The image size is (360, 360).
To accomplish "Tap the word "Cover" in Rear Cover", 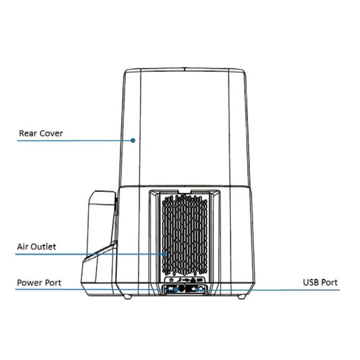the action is tap(51, 133).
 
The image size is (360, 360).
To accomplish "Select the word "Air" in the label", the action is tap(22, 246).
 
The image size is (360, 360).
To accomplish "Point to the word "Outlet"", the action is tap(43, 246).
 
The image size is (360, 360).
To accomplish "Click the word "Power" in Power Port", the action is tap(29, 283).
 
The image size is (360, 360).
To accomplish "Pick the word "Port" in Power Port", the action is tap(53, 283).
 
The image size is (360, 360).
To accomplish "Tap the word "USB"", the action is tap(310, 282).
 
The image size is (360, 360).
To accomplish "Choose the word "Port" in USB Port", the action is tap(329, 282).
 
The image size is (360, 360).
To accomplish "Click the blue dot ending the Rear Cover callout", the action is tap(133, 140).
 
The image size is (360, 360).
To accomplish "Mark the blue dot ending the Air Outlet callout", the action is tap(164, 254).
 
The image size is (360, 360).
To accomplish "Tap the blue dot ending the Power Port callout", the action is tap(176, 290).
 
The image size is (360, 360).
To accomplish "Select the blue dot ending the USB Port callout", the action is tap(197, 290).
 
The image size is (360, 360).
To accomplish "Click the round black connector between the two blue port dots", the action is tap(182, 289).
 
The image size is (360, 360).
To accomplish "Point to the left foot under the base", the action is tap(127, 296).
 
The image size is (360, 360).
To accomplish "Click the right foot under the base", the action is tap(241, 296).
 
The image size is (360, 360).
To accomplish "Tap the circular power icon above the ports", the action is tap(171, 280).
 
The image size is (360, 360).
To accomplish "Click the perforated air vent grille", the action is tap(185, 235).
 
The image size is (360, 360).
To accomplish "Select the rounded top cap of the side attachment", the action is tap(102, 198).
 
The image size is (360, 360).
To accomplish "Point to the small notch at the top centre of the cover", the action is tap(185, 68).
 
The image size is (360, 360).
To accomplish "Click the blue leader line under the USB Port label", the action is tap(269, 290).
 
